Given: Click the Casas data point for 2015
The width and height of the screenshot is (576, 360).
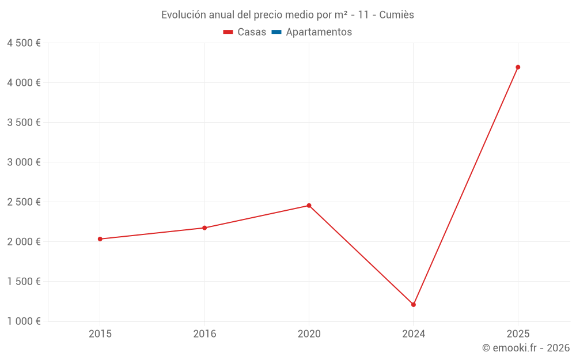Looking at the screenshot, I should click(100, 239).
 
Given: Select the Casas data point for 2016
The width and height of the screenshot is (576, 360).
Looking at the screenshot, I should click(204, 228).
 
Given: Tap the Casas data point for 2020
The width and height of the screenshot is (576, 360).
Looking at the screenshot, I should click(309, 206).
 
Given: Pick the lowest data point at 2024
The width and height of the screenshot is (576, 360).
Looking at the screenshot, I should click(414, 305).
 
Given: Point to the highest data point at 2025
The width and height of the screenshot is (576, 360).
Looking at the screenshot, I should click(518, 67).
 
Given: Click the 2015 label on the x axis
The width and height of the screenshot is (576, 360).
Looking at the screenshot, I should click(100, 334).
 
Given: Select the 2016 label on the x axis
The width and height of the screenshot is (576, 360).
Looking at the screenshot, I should click(204, 334).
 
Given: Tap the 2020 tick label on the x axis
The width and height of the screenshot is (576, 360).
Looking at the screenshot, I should click(309, 334).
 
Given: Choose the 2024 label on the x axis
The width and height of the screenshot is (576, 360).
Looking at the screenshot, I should click(414, 334).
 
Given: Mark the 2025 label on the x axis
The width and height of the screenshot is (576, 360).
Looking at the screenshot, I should click(518, 334).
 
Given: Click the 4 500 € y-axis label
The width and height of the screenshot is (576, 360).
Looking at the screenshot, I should click(24, 43).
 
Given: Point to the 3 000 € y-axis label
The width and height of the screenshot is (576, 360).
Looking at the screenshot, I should click(24, 162).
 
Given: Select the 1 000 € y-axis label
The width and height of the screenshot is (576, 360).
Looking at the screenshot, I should click(24, 321).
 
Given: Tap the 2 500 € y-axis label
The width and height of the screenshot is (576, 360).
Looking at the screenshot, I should click(24, 202).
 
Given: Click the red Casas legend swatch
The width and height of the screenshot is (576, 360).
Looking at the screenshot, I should click(228, 32).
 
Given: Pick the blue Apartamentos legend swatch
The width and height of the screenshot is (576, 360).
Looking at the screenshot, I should click(276, 32).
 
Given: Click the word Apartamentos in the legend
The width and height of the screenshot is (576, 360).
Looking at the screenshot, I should click(319, 32).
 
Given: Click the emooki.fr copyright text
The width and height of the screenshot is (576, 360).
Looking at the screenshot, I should click(526, 348).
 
